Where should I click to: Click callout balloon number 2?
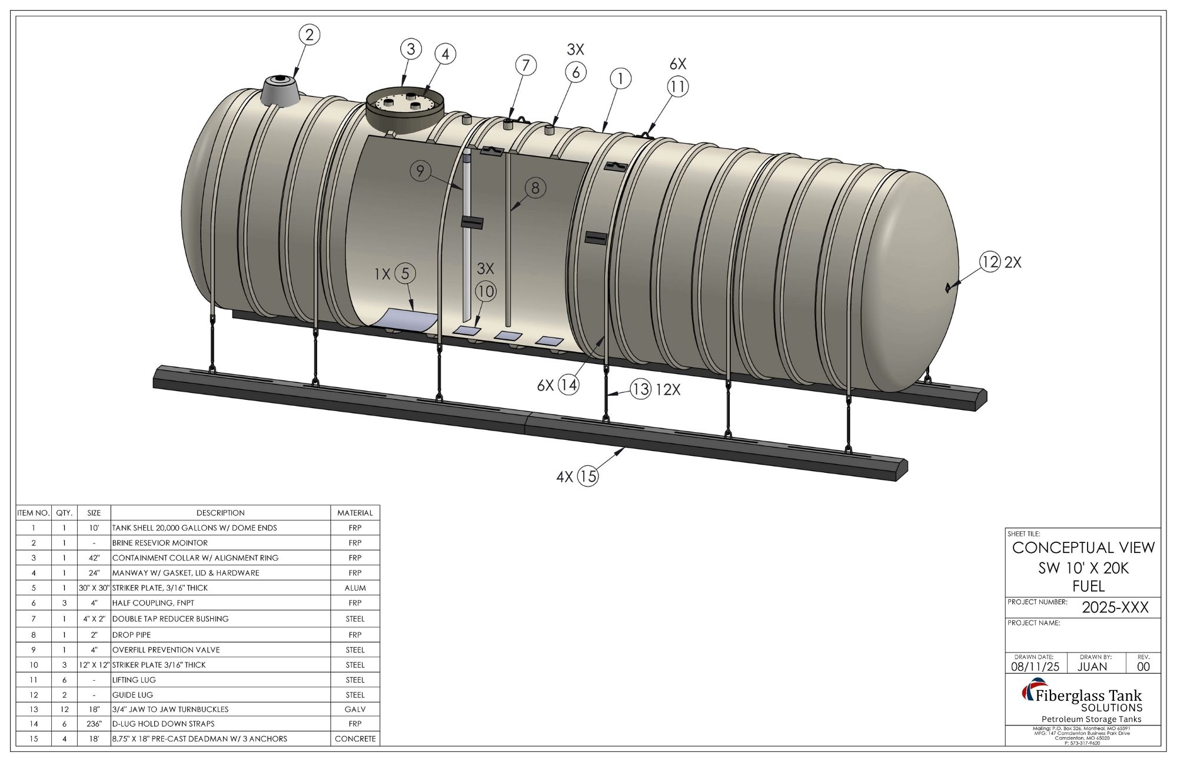pos(310,35)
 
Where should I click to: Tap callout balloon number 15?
pos(587,476)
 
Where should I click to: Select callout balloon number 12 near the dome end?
pos(990,261)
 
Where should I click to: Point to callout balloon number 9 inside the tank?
pos(420,171)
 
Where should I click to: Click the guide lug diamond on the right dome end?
pos(947,287)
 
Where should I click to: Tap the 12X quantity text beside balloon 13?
pos(668,389)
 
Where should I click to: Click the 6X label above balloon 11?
pos(678,64)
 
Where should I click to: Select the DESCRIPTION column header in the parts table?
pos(220,513)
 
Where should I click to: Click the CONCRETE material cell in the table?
pos(355,738)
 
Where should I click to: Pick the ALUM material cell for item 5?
pos(355,588)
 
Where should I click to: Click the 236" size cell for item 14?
pos(94,724)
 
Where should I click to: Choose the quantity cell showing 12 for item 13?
pos(64,709)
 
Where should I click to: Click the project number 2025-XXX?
pos(1115,608)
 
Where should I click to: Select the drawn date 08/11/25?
pos(1035,667)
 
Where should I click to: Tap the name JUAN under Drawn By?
pos(1092,667)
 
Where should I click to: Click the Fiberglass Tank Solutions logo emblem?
pos(1030,690)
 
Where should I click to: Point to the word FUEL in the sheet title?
pos(1089,586)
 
